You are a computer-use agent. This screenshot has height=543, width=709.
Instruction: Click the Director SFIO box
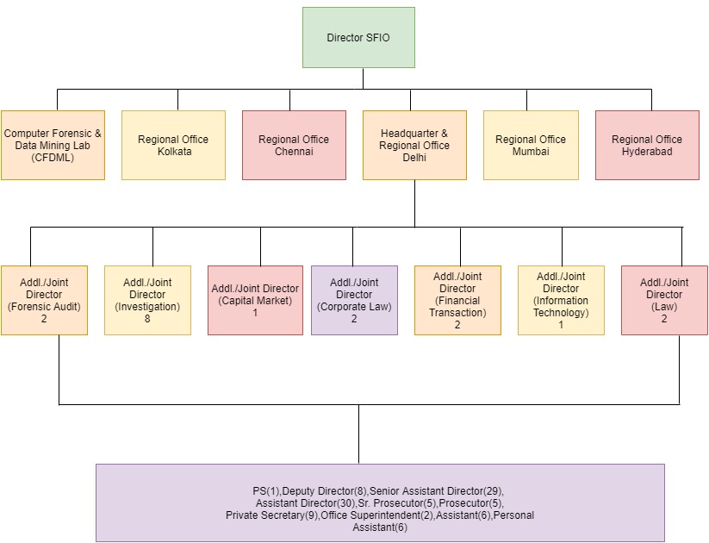[358, 37]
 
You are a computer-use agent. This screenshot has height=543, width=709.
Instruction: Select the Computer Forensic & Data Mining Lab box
[53, 145]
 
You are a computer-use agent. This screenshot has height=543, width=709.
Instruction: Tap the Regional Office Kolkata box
[173, 145]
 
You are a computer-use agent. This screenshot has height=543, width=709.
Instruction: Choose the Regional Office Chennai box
[294, 145]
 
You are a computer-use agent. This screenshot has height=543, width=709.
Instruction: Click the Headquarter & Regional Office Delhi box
[414, 145]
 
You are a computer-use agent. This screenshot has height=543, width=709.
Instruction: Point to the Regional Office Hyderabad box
[647, 145]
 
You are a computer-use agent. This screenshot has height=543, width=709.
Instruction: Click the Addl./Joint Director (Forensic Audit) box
[44, 300]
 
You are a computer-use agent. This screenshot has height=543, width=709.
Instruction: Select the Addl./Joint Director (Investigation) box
[147, 300]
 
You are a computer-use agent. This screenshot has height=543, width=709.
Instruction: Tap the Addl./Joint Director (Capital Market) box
[255, 300]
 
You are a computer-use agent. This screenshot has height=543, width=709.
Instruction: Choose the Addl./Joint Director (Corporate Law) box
[354, 300]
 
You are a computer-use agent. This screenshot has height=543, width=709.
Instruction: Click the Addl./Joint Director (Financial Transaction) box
[457, 300]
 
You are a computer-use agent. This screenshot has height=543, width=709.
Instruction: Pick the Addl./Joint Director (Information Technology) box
[561, 300]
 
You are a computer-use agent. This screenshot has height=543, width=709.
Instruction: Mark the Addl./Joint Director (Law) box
[664, 300]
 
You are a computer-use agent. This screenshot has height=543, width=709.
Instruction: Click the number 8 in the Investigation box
[147, 319]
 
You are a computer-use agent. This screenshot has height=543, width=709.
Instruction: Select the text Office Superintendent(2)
[376, 515]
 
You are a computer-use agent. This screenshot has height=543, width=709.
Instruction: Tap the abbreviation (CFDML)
[53, 157]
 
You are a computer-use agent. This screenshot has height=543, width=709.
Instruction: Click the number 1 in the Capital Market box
[255, 313]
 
